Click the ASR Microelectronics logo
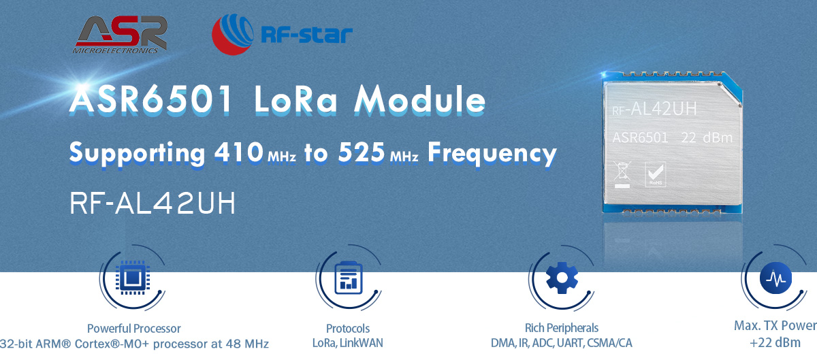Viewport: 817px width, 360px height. pos(120,35)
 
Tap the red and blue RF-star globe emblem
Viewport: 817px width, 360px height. pos(233,34)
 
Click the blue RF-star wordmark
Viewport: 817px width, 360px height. pos(307,35)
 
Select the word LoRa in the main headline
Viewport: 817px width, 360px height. pos(295,99)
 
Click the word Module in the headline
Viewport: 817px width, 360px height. pos(419,99)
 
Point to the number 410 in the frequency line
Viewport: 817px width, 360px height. pos(238,152)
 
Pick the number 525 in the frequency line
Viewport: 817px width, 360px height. pos(362,152)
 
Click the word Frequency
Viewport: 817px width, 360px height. pos(492,154)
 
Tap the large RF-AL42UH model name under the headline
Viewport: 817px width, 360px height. pos(153,203)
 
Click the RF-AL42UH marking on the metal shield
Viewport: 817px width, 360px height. pos(654,108)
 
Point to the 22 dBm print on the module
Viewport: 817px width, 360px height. pos(707,138)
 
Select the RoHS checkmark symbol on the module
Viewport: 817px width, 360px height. pos(656,174)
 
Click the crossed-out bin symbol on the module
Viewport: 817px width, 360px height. pos(622,174)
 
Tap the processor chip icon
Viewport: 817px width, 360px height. pos(133,278)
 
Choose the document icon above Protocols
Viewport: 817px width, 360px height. pos(349,278)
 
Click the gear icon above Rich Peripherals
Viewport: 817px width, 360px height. pos(562,278)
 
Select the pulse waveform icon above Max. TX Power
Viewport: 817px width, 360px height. pos(775,278)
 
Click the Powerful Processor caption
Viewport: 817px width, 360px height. pos(134,329)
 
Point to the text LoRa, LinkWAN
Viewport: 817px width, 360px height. pos(348,343)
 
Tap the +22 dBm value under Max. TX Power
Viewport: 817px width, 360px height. pos(775,343)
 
